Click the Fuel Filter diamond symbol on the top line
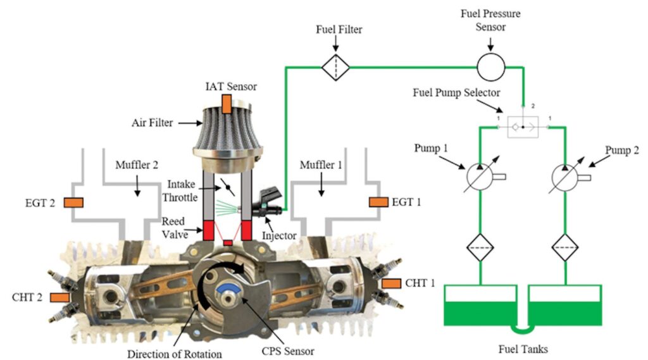335,67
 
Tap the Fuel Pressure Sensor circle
491,67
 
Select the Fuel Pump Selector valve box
523,127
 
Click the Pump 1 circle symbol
480,177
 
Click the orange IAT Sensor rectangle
227,104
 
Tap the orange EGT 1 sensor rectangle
378,202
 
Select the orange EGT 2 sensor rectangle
73,202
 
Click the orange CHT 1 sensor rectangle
391,283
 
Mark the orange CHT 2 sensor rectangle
60,297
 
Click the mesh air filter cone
227,132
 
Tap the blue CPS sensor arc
227,288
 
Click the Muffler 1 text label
321,165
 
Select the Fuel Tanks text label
523,349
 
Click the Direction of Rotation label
175,354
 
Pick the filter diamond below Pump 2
565,247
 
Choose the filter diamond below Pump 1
480,247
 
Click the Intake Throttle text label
180,190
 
